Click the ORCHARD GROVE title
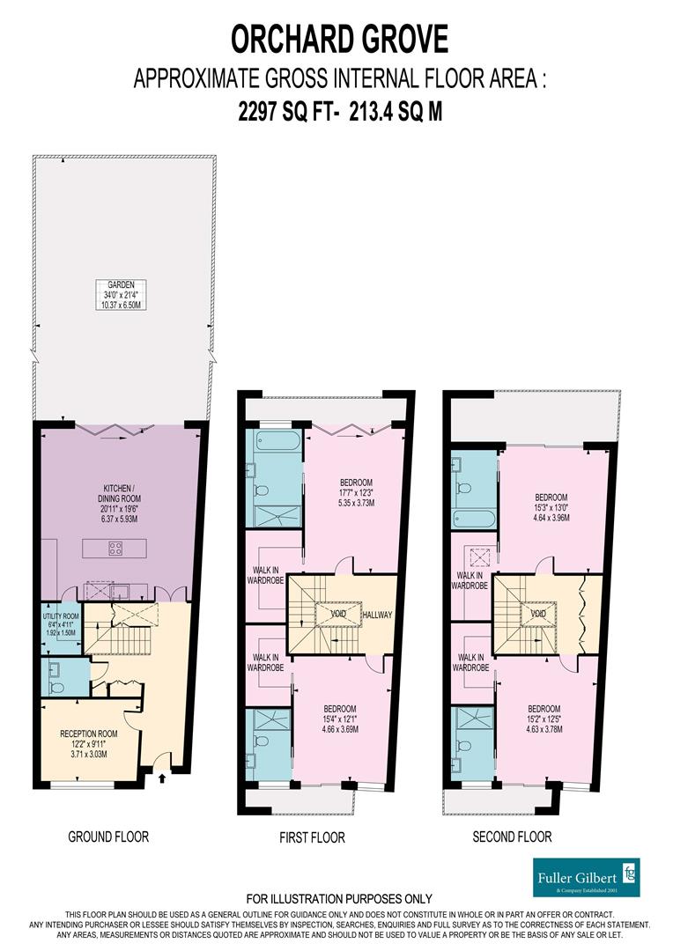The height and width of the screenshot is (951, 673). [x=339, y=40]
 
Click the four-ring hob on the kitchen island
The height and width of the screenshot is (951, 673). [x=115, y=547]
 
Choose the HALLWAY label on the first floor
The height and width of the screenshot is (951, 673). [x=375, y=615]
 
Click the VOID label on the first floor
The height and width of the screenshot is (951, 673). [x=336, y=612]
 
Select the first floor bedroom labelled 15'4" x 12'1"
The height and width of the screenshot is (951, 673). [x=339, y=719]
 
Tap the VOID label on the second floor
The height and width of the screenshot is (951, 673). [x=537, y=612]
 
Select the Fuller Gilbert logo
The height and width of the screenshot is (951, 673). [x=587, y=877]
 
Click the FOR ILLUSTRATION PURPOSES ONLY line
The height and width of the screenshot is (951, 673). [x=339, y=898]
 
